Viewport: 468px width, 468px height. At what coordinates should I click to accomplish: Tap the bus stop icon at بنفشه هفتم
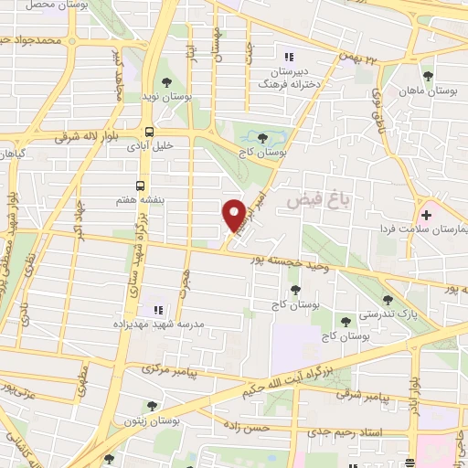(x=141, y=182)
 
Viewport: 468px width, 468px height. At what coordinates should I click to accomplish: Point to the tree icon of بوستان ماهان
(x=427, y=76)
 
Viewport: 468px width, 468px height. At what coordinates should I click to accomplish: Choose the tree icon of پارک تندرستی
(x=388, y=300)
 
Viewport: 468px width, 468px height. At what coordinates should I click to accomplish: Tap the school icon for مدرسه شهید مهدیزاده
(x=156, y=310)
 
